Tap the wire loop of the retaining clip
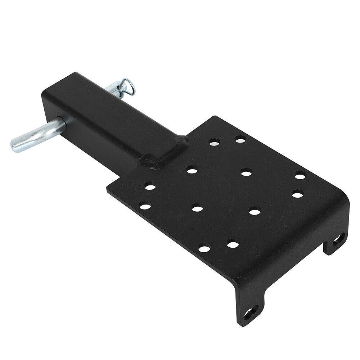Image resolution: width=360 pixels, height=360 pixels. click(x=129, y=86)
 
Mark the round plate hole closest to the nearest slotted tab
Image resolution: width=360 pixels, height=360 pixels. click(x=233, y=245)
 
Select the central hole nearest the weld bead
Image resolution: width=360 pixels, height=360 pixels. click(x=192, y=170)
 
